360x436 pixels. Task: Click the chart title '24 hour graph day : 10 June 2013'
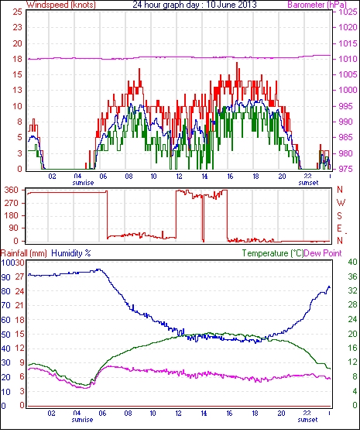(194, 5)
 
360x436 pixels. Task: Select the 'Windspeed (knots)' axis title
(61, 5)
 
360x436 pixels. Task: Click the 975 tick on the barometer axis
(346, 169)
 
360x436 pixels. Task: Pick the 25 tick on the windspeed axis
(17, 12)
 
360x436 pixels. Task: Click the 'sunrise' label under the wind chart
(83, 183)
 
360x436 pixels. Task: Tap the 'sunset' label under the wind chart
(308, 183)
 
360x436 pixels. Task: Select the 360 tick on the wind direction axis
(12, 190)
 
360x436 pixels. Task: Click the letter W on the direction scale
(341, 203)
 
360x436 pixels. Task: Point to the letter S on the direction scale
(339, 215)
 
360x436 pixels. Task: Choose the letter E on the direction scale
(339, 228)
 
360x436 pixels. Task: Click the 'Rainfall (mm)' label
(24, 253)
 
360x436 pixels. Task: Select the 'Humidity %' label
(71, 253)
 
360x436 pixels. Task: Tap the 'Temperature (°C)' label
(273, 253)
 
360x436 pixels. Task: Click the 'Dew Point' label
(323, 253)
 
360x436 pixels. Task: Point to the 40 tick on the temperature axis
(352, 262)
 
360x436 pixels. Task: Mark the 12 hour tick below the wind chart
(179, 177)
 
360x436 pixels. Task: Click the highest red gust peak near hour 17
(237, 63)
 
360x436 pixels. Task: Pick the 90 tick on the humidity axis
(5, 277)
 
